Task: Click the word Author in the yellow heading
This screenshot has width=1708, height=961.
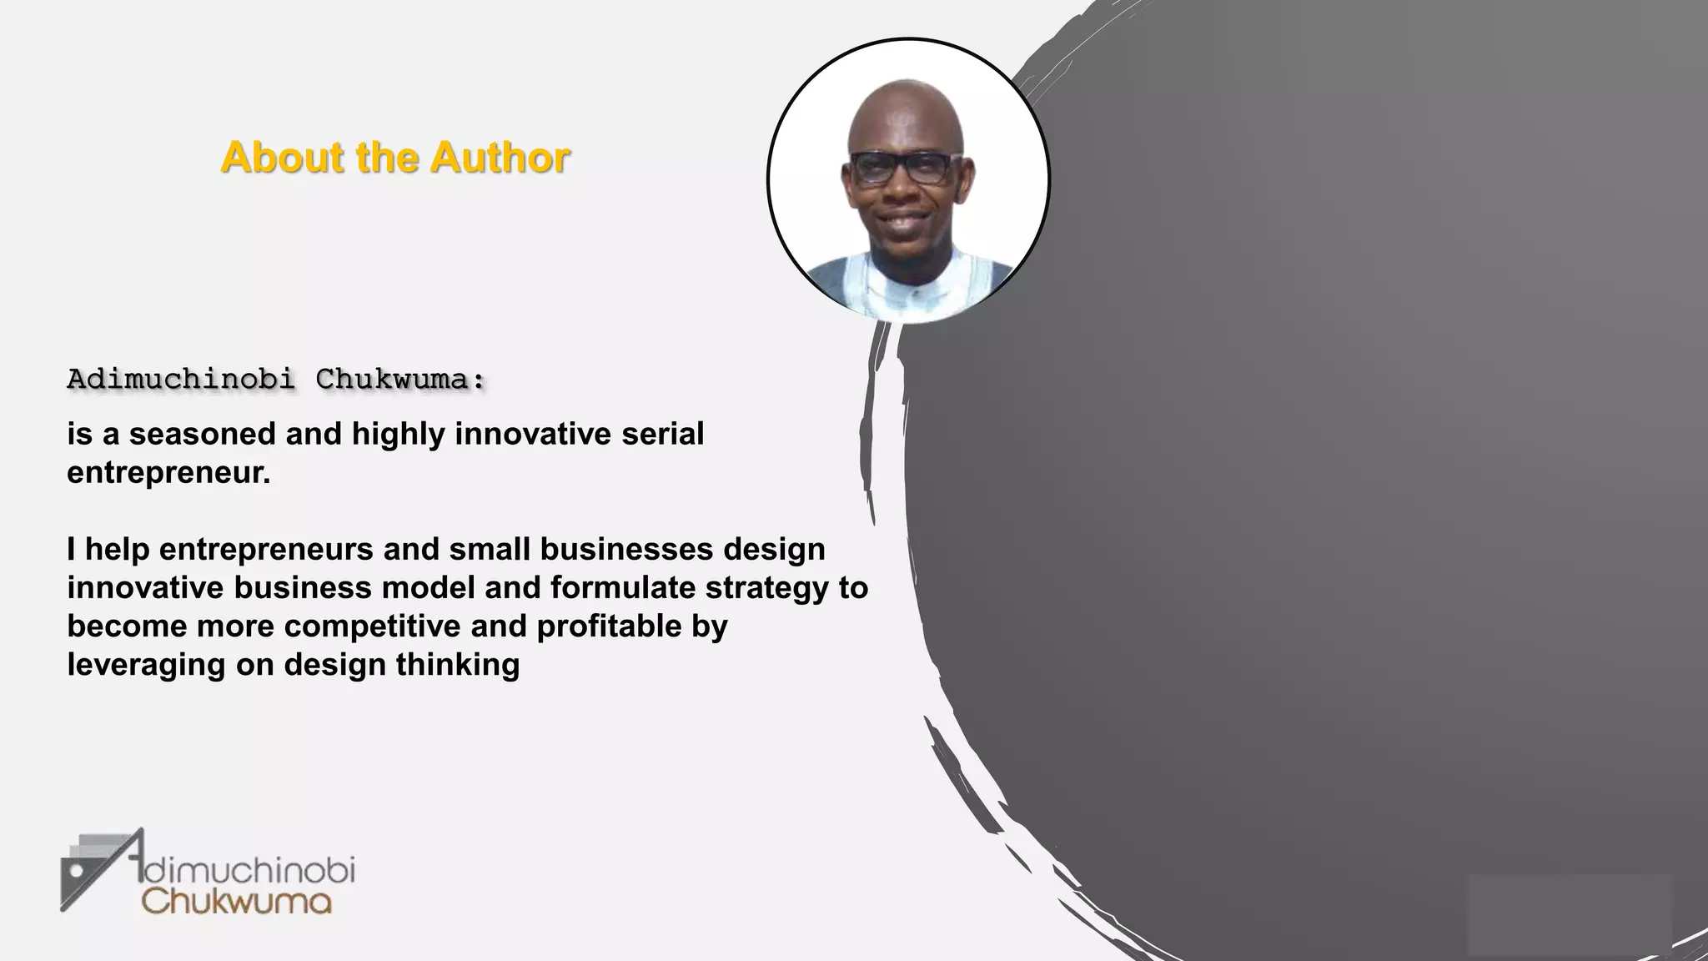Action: [500, 158]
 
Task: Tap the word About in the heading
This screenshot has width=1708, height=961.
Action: [283, 158]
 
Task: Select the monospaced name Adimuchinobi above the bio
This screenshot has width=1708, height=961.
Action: [180, 380]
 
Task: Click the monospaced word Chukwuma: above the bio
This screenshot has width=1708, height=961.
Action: [400, 380]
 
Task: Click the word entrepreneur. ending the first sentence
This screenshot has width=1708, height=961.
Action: [168, 473]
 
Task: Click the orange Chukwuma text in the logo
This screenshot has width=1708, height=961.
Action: [237, 902]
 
